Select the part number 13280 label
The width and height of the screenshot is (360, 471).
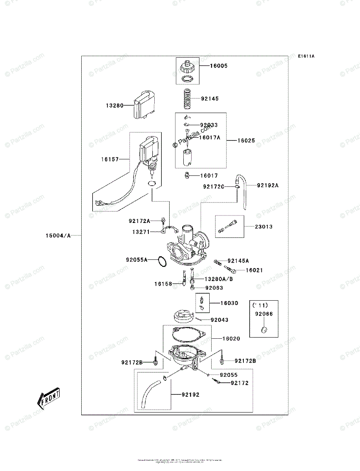(x=114, y=105)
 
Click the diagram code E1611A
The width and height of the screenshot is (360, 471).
(x=306, y=56)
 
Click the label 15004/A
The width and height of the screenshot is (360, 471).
(x=58, y=235)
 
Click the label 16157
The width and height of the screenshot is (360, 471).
(x=110, y=159)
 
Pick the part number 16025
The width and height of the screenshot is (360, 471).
(x=246, y=140)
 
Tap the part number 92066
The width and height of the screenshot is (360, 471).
(x=263, y=314)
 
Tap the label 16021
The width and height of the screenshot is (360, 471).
(x=254, y=270)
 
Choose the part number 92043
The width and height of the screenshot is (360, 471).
(x=219, y=320)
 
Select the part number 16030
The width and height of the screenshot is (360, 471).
(x=229, y=303)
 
